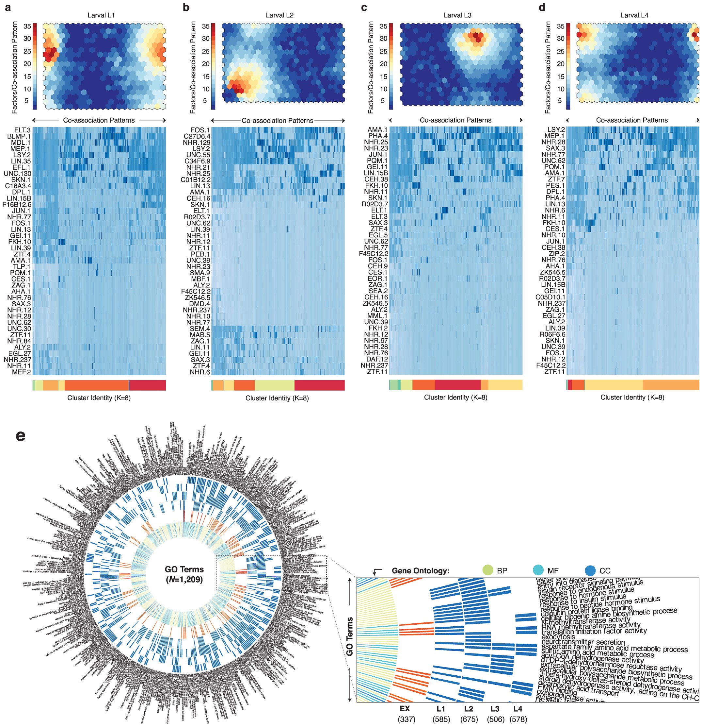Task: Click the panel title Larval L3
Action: point(457,15)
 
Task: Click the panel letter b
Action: point(186,7)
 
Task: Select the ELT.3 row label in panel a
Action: point(22,130)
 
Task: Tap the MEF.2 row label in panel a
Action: point(22,372)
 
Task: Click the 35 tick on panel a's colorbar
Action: point(27,26)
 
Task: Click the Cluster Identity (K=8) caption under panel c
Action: point(455,397)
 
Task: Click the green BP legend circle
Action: point(487,570)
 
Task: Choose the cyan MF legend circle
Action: point(538,570)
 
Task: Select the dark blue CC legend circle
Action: point(590,570)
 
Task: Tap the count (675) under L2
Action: point(469,719)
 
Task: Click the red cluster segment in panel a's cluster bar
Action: point(147,385)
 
